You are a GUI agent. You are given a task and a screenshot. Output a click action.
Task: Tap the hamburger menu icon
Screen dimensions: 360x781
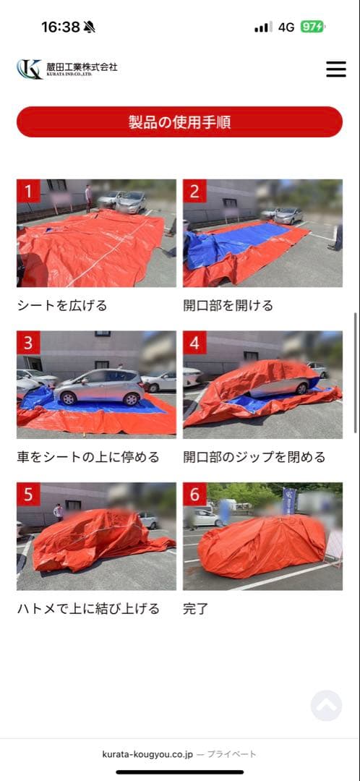coord(336,69)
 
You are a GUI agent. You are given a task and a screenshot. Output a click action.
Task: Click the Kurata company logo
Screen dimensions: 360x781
coord(67,69)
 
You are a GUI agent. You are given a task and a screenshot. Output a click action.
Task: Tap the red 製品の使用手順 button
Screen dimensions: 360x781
coord(179,122)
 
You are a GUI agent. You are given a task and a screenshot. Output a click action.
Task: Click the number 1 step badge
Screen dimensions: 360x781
coord(28,191)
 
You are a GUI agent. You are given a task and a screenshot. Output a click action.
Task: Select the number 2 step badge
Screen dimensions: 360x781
coord(194,191)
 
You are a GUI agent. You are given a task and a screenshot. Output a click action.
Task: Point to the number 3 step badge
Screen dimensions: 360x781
coord(28,343)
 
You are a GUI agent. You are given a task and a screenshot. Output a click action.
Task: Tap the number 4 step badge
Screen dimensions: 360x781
coord(194,343)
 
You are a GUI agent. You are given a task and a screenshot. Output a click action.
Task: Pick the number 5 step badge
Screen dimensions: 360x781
coord(28,494)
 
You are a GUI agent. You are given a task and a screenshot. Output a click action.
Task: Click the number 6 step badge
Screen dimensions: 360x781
coord(194,494)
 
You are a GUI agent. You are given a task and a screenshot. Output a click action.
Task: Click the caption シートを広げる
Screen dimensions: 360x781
coord(62,305)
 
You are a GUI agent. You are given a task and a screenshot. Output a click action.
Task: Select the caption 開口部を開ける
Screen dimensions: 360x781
coord(228,305)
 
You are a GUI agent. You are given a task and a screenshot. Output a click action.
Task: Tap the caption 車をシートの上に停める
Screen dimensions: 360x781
coord(88,457)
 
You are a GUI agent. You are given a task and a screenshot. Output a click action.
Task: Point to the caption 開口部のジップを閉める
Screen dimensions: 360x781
coord(254,457)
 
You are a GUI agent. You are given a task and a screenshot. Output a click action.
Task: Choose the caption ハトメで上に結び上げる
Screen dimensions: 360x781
coord(88,608)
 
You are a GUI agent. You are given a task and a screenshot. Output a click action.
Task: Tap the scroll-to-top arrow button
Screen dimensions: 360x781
coord(326,705)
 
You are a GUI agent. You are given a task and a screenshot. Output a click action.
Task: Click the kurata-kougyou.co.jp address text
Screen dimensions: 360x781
coord(147,754)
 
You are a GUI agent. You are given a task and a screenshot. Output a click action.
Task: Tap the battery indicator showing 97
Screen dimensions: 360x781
coord(312,27)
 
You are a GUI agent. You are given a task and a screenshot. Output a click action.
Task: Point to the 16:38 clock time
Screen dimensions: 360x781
coord(60,27)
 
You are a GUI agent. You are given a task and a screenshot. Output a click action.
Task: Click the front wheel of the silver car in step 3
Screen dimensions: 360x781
coord(132,399)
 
